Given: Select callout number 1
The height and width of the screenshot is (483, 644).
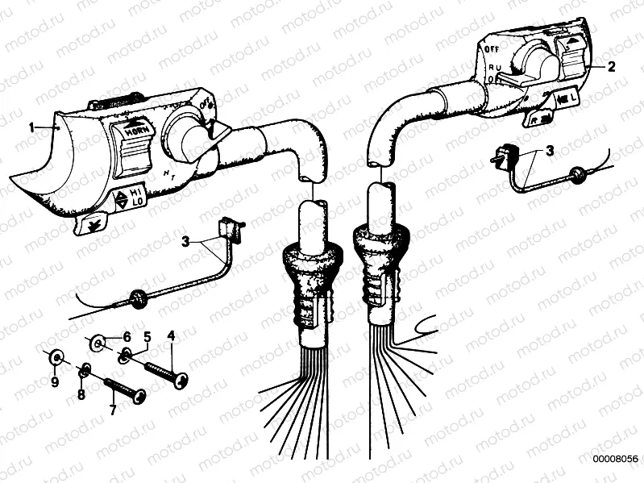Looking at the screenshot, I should point(31,127).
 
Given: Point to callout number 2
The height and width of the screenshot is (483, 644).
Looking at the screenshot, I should point(611,68).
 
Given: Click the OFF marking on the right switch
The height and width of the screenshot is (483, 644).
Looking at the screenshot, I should point(490,50).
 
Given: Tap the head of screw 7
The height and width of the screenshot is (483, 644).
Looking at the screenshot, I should point(139,396).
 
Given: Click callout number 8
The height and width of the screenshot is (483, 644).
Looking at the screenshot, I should point(81,395).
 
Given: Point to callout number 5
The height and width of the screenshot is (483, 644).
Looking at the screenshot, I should point(147,335).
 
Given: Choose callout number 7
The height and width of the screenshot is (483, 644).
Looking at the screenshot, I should point(112,410).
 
